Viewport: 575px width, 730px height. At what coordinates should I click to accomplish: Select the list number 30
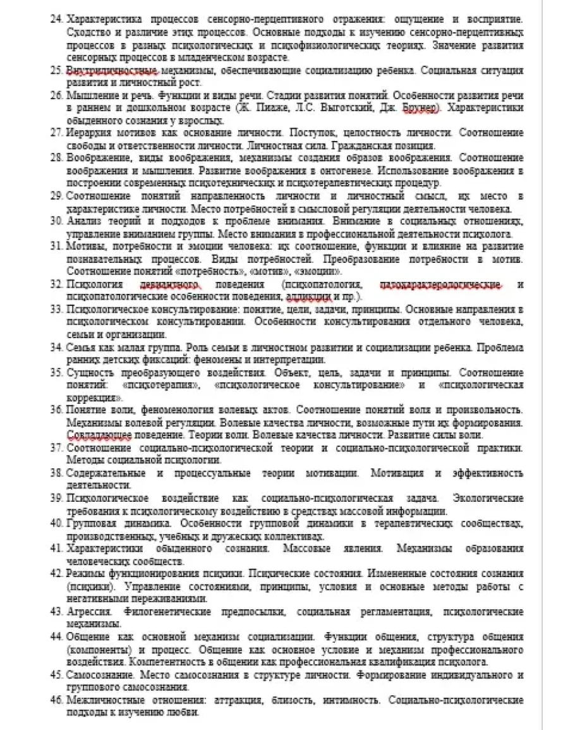pyautogui.click(x=56, y=221)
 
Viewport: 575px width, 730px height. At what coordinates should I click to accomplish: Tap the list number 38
pyautogui.click(x=56, y=473)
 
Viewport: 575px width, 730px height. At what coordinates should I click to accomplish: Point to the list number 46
pyautogui.click(x=56, y=700)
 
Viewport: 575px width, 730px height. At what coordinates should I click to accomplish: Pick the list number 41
pyautogui.click(x=56, y=549)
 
